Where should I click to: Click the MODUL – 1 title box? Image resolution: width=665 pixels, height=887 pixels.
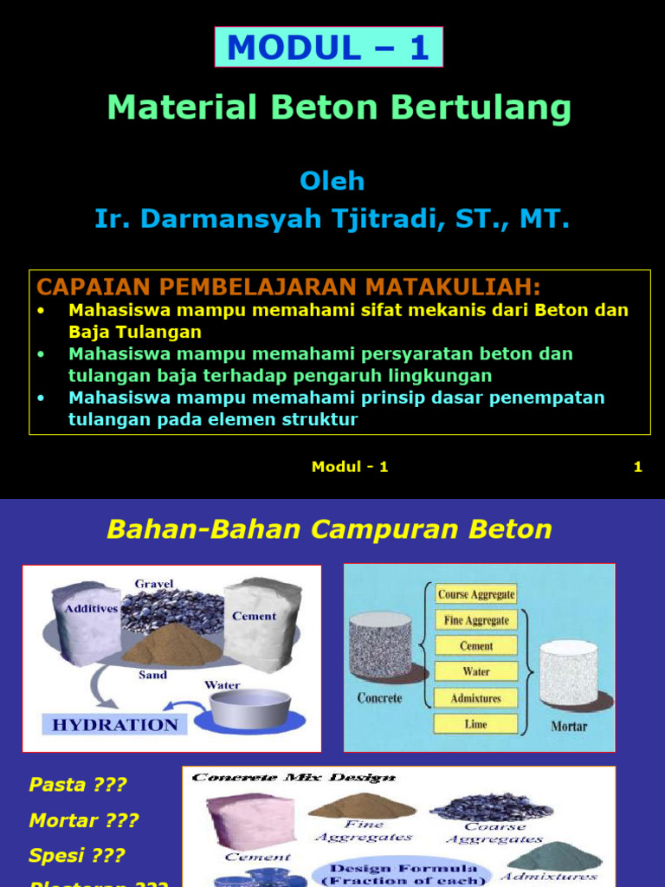[x=329, y=47]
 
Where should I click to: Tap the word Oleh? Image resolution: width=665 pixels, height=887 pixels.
[x=332, y=181]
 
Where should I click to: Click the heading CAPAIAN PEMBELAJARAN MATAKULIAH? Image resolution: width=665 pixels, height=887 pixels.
[x=288, y=286]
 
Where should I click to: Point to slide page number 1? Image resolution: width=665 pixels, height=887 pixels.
[x=637, y=467]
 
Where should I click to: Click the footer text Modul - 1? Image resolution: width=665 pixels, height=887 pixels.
[x=350, y=467]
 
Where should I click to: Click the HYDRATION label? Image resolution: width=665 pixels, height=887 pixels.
[x=115, y=724]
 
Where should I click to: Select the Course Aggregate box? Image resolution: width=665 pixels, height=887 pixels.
[x=476, y=594]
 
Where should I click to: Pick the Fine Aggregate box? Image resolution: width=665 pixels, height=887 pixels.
[x=476, y=620]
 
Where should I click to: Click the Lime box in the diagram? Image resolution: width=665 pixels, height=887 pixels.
[x=476, y=724]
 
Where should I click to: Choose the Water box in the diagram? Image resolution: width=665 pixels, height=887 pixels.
[x=476, y=671]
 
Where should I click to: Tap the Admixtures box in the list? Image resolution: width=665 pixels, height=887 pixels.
[x=476, y=698]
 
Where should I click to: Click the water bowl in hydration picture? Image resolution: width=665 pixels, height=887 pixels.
[x=250, y=708]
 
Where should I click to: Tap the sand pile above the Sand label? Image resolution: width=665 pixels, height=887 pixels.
[x=173, y=644]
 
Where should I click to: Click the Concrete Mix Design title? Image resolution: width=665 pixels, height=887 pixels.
[x=294, y=778]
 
